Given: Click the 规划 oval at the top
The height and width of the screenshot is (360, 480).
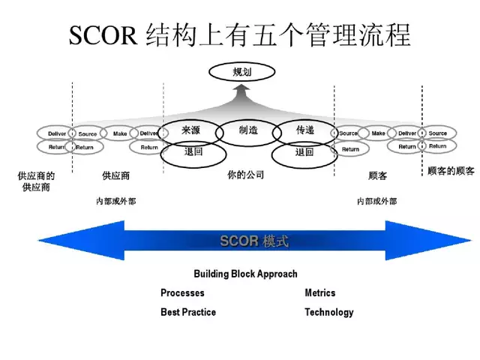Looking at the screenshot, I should tap(240, 73).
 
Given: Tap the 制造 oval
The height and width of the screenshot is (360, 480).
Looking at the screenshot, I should tap(248, 131).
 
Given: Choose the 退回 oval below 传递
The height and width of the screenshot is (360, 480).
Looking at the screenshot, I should tap(304, 153).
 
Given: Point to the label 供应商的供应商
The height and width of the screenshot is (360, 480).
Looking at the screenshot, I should tap(35, 181).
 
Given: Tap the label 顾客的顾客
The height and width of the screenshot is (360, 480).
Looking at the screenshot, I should tap(451, 172).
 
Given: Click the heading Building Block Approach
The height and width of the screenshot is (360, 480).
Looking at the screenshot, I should tap(245, 274).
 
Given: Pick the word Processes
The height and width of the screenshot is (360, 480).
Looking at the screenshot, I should tap(182, 293).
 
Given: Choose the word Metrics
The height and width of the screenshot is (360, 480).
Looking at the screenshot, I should tap(320, 293).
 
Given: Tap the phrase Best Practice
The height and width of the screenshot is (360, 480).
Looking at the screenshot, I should tap(188, 312).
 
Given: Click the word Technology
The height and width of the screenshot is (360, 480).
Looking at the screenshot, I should tap(328, 312).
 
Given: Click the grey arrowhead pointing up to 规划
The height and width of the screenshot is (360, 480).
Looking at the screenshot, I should tap(241, 91).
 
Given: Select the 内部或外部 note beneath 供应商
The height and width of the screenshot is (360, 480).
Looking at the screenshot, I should tap(116, 202).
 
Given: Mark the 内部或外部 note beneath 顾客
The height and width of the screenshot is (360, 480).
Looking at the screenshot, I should tap(377, 202).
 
